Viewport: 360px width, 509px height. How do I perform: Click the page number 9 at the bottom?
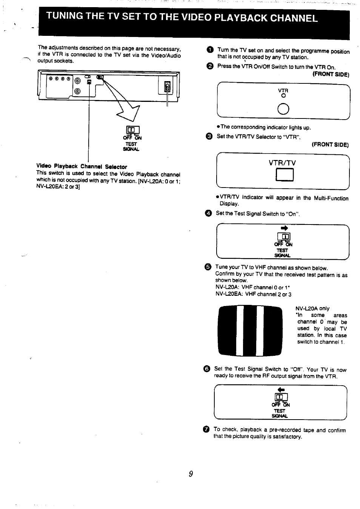tap(191, 474)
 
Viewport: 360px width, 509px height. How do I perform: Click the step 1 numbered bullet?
tap(210, 50)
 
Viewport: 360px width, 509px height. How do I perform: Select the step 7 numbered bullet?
tap(206, 429)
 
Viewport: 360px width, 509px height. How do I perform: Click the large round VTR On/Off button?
tap(283, 109)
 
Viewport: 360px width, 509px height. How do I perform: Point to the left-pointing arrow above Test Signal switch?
tap(280, 389)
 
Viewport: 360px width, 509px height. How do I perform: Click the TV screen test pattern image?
tap(250, 331)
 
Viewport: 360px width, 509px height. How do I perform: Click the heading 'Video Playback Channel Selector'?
tap(82, 167)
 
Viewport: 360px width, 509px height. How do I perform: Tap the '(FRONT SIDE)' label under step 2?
tap(331, 74)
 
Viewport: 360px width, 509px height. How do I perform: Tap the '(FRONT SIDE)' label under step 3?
tap(330, 145)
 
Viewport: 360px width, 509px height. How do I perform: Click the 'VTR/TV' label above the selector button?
tap(282, 163)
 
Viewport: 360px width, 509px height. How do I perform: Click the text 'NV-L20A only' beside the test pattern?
tap(312, 308)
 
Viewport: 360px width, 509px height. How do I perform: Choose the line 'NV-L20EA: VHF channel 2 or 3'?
tap(253, 294)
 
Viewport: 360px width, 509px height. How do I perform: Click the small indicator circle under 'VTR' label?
tap(283, 96)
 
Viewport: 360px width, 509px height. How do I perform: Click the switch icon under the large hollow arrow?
tap(132, 130)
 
